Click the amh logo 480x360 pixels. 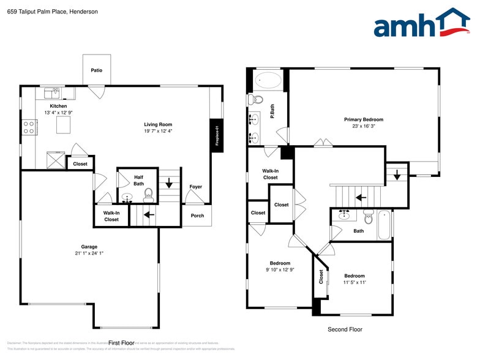(422, 24)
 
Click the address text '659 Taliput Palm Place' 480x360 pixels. (36, 12)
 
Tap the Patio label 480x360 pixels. (97, 70)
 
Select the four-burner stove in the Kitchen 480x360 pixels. (29, 127)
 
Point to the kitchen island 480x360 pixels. (64, 126)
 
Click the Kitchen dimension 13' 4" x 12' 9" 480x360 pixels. (59, 113)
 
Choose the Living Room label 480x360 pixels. (158, 124)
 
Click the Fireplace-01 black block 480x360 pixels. (217, 135)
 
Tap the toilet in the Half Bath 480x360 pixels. (148, 195)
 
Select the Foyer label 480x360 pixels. (195, 187)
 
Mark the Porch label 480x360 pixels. (197, 216)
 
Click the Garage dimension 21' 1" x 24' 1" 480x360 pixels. (89, 253)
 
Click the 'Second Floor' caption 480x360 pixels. (344, 329)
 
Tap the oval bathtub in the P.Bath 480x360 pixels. (268, 80)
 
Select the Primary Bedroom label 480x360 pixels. (363, 119)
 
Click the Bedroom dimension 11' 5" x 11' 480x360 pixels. (354, 282)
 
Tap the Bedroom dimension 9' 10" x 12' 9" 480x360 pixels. (280, 270)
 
